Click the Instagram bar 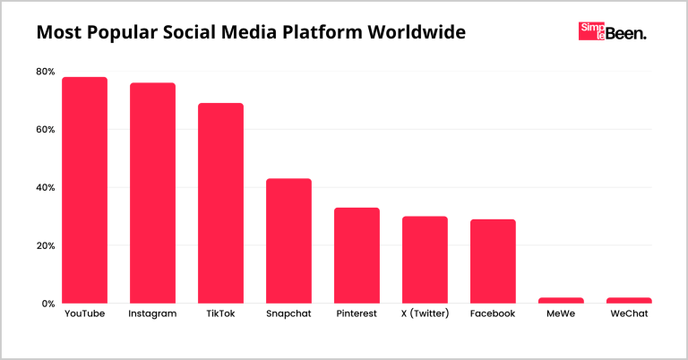pos(152,193)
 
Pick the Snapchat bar pos(288,241)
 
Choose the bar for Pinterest pos(357,255)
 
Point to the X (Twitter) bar pos(425,260)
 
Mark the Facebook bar pos(493,261)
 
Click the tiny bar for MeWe pos(561,301)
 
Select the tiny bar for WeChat pos(629,301)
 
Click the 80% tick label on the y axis pos(45,72)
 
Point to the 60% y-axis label pos(45,130)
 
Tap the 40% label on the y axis pos(45,188)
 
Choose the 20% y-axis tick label pos(45,246)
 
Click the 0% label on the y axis pos(47,304)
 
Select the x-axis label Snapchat pos(288,315)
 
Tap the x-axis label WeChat pos(629,315)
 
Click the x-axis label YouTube pos(85,315)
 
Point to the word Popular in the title pos(125,33)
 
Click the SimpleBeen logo pos(613,33)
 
